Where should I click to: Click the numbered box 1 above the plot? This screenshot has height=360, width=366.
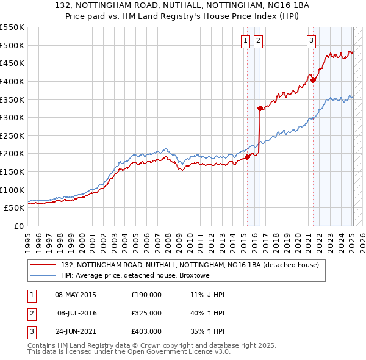(245, 41)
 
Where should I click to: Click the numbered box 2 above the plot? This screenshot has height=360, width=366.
(258, 41)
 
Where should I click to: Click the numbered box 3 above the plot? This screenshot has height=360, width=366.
(311, 41)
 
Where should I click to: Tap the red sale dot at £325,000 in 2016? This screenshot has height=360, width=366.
(260, 108)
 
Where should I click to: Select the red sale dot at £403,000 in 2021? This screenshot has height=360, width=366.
(313, 80)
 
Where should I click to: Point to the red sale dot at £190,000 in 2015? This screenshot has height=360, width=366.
(247, 157)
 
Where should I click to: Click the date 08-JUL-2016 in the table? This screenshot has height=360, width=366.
(77, 313)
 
